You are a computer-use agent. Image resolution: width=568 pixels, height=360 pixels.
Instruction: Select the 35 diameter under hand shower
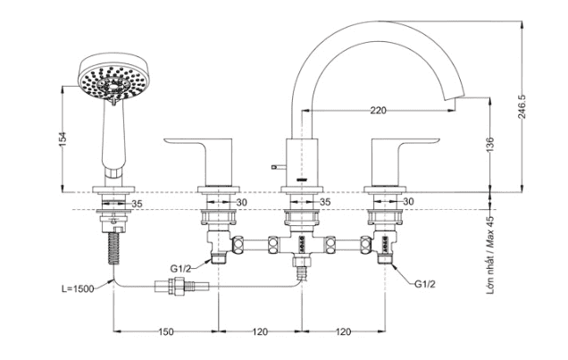tap(137, 204)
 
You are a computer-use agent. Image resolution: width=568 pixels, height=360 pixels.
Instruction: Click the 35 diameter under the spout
tap(325, 204)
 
